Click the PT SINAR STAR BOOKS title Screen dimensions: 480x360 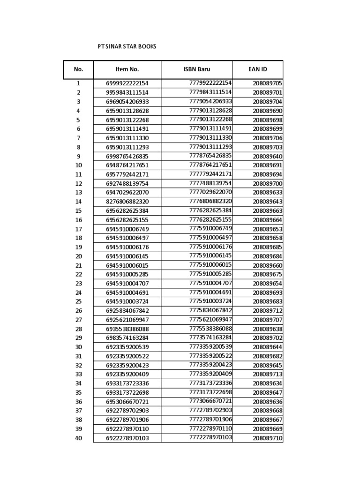point(127,47)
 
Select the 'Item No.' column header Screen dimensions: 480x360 point(127,69)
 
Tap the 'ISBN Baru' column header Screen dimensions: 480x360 point(196,69)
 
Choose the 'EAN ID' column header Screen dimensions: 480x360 point(257,69)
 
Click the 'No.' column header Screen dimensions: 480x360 point(78,69)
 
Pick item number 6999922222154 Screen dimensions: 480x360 point(127,83)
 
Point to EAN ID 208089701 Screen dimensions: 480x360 point(267,93)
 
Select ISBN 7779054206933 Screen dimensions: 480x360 point(210,101)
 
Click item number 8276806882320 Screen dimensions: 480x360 point(127,202)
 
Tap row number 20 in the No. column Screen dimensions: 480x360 point(78,256)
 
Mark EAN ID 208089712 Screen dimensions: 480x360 point(267,311)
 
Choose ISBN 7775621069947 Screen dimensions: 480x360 point(210,319)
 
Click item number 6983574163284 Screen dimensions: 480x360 point(127,338)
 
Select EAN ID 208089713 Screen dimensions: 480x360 point(267,375)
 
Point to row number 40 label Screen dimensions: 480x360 point(78,438)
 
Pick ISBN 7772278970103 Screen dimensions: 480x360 point(210,437)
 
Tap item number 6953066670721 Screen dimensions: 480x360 point(127,402)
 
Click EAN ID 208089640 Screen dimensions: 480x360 point(267,157)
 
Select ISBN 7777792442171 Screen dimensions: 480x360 point(210,174)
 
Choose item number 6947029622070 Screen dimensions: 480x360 point(127,193)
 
